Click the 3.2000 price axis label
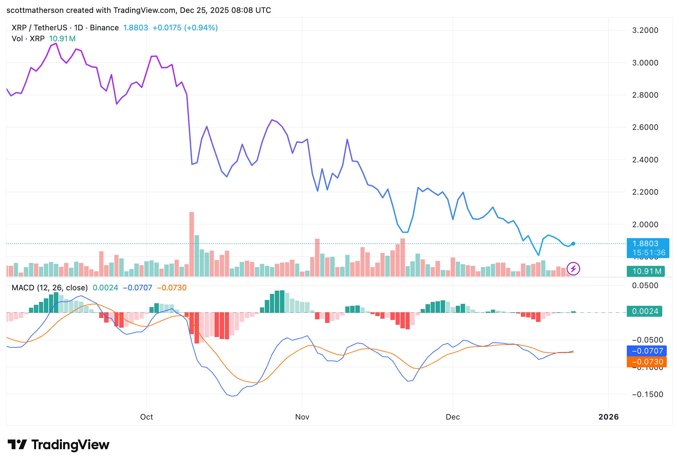click(x=645, y=30)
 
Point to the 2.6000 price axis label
click(x=645, y=127)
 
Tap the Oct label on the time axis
click(x=147, y=417)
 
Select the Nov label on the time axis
click(x=302, y=417)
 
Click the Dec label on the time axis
click(x=453, y=417)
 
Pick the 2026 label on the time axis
click(x=608, y=417)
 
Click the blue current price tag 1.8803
click(x=648, y=244)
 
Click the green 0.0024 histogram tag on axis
click(x=644, y=311)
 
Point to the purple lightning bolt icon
click(x=573, y=269)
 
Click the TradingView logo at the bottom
click(x=58, y=445)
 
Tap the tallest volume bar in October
click(x=192, y=244)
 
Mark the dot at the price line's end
click(x=573, y=244)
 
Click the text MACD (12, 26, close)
click(x=50, y=288)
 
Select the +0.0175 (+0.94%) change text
click(x=185, y=28)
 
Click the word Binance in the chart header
click(x=104, y=28)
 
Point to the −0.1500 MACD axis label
click(x=647, y=394)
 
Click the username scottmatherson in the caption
click(x=35, y=10)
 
